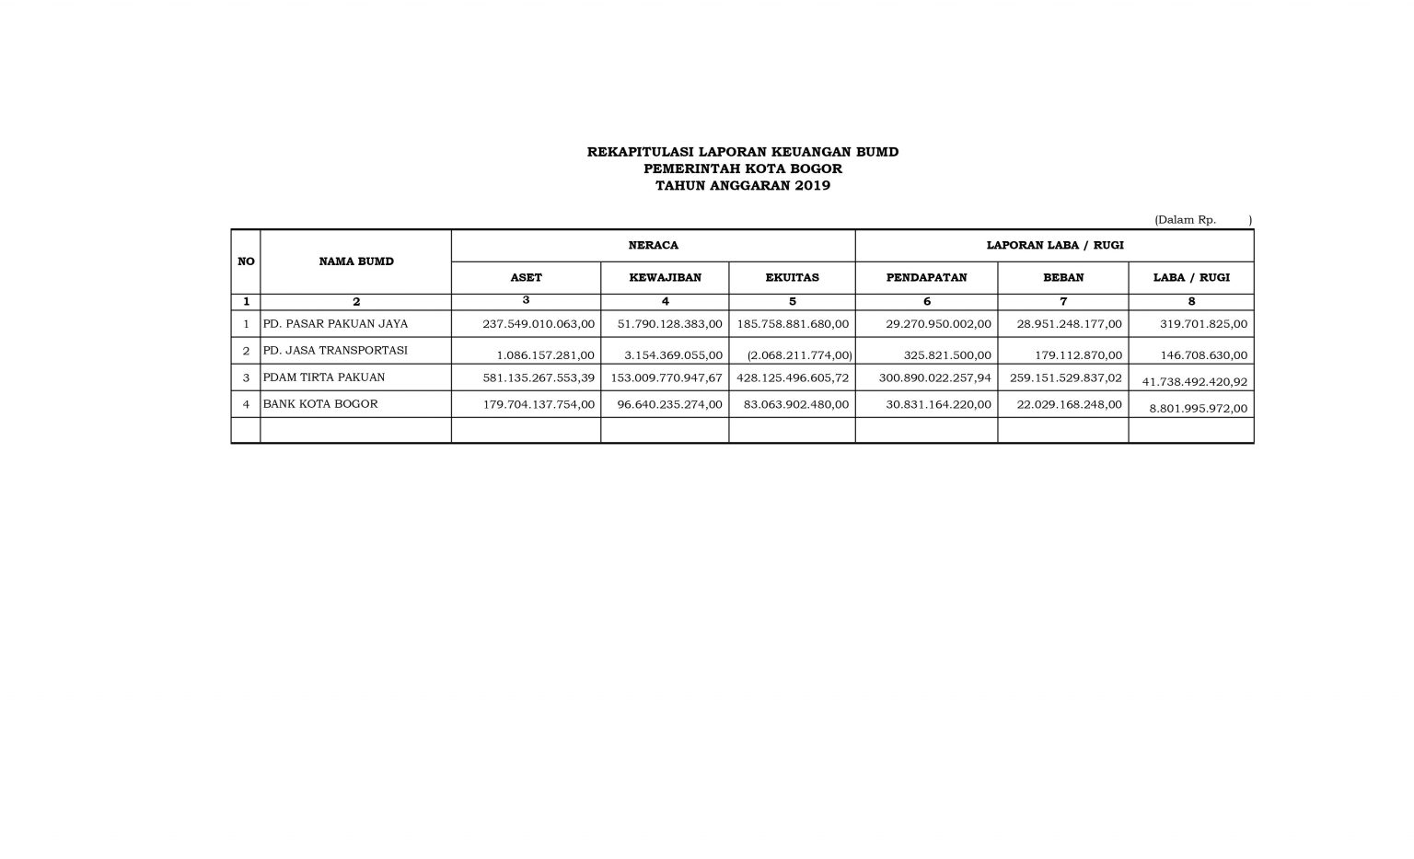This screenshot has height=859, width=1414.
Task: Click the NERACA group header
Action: pyautogui.click(x=653, y=246)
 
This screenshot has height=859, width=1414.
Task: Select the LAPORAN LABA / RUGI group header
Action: pyautogui.click(x=1054, y=246)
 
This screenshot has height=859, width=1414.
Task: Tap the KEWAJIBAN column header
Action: pyautogui.click(x=665, y=277)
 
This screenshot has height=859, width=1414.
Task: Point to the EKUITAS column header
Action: pyautogui.click(x=792, y=277)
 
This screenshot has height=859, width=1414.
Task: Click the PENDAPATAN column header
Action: pyautogui.click(x=926, y=277)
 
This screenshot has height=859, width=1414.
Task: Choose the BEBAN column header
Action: pyautogui.click(x=1063, y=277)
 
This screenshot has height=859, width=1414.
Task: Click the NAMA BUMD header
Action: pyautogui.click(x=356, y=261)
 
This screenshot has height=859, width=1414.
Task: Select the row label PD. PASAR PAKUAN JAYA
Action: pyautogui.click(x=335, y=324)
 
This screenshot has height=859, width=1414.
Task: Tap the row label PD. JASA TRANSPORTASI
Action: pyautogui.click(x=335, y=351)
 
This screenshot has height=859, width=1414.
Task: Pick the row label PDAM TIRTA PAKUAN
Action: pyautogui.click(x=324, y=377)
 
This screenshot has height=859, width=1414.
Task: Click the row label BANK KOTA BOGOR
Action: pyautogui.click(x=320, y=404)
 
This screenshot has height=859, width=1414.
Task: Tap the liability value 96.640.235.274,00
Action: pyautogui.click(x=669, y=404)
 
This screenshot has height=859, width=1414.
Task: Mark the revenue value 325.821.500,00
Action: pyautogui.click(x=939, y=355)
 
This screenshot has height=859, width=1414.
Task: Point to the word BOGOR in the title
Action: pyautogui.click(x=813, y=168)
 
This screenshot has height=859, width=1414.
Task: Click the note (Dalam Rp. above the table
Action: pyautogui.click(x=1185, y=220)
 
